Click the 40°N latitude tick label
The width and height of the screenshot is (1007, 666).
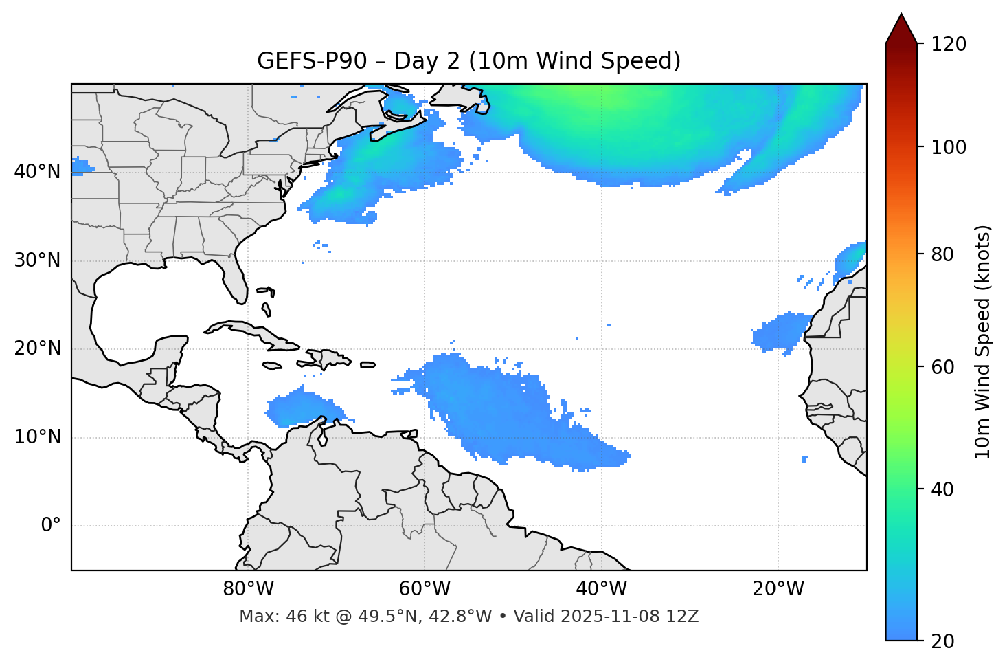(x=37, y=172)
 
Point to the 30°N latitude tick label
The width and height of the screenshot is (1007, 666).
(x=37, y=260)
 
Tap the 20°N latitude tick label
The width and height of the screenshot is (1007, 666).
(x=37, y=348)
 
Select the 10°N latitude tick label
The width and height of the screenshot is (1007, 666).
(x=37, y=437)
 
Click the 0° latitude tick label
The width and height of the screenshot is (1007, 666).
(x=51, y=526)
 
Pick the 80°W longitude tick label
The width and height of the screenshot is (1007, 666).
(x=248, y=589)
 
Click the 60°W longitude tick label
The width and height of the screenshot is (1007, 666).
(x=425, y=589)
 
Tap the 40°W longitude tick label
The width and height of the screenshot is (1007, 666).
(x=601, y=589)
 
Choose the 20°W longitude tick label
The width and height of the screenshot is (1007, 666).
(x=778, y=589)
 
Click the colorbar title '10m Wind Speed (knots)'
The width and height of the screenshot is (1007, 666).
(x=983, y=342)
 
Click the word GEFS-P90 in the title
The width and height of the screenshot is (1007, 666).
(x=302, y=61)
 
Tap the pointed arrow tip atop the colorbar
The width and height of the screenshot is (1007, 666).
(x=901, y=15)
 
